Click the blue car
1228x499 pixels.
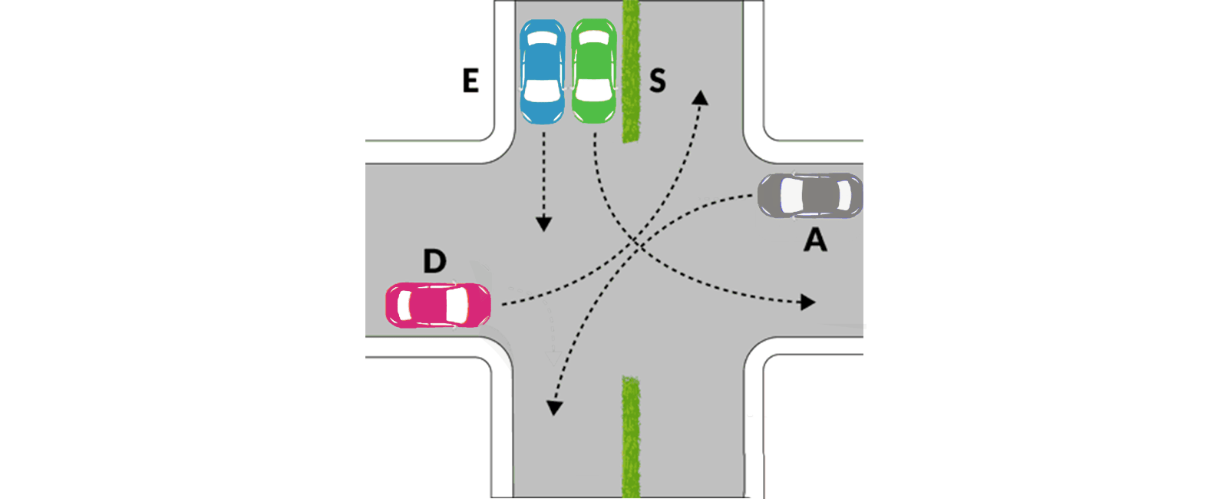pos(542,71)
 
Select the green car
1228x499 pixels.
pos(594,71)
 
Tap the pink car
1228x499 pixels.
pos(438,306)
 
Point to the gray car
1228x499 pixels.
pos(810,196)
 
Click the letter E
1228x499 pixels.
pos(470,81)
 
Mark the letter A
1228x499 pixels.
pos(815,240)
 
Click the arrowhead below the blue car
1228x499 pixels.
pos(544,223)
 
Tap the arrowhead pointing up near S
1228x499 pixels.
pos(700,97)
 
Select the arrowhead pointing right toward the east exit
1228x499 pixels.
pos(808,302)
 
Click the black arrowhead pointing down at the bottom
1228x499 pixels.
pos(554,408)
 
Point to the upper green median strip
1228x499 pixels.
pos(632,71)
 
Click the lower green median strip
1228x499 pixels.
pos(631,437)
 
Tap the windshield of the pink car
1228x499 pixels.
pos(457,306)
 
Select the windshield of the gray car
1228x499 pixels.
pos(791,196)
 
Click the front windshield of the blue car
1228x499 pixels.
pos(542,91)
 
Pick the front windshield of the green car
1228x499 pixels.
pos(594,91)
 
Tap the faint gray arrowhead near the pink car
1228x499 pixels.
pos(553,358)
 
